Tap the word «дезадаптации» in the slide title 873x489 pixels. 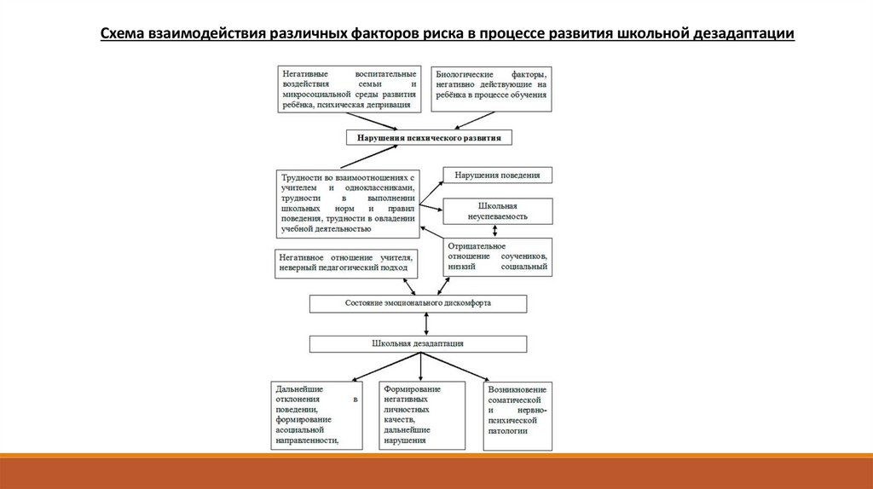coord(741,34)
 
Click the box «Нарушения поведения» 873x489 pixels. coord(496,175)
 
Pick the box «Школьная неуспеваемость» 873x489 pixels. coord(496,210)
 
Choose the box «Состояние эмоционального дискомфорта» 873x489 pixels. coord(417,303)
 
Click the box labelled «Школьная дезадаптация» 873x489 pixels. coord(417,343)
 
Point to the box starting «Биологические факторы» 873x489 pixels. coord(490,89)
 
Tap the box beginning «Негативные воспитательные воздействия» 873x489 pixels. coord(349,89)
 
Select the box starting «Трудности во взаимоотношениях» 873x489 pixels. coord(349,203)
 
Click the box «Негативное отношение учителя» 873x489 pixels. coord(345,262)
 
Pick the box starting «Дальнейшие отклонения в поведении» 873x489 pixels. coord(314,416)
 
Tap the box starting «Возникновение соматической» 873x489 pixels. coord(517,416)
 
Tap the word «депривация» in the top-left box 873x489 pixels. coord(391,106)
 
